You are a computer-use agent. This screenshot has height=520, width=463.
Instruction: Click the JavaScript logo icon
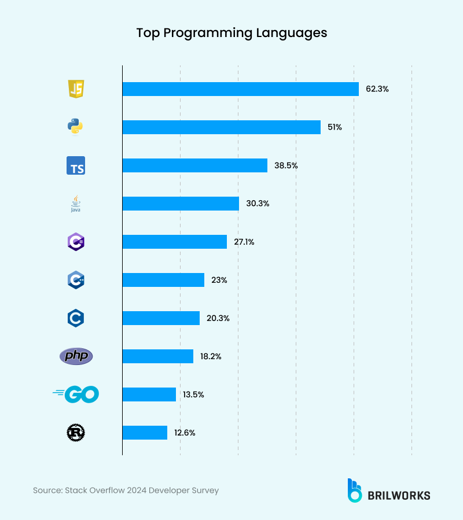[x=76, y=89]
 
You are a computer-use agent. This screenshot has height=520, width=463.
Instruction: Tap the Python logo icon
[x=76, y=127]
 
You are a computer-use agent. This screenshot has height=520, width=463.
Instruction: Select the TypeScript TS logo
[x=76, y=165]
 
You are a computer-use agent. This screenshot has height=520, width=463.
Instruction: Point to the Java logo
[x=76, y=204]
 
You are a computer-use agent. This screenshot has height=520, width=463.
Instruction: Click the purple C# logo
[x=76, y=242]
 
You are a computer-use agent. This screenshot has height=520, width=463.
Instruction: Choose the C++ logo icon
[x=76, y=280]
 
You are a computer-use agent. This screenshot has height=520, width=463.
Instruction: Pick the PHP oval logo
[x=76, y=356]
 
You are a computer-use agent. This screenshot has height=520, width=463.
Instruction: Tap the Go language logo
[x=76, y=394]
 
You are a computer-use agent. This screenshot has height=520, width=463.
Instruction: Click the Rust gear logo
[x=76, y=433]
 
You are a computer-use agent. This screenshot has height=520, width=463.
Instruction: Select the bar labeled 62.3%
[x=240, y=89]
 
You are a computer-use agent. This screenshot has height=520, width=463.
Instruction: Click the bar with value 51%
[x=221, y=127]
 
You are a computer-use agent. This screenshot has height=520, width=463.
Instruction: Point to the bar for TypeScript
[x=194, y=165]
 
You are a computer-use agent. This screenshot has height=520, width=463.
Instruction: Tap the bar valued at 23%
[x=163, y=280]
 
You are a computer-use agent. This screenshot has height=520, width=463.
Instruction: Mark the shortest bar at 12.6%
[x=145, y=433]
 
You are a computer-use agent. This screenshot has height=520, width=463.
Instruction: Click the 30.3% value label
[x=258, y=204]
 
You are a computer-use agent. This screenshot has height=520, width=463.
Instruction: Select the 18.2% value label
[x=211, y=356]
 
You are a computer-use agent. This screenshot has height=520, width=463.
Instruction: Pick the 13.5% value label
[x=194, y=394]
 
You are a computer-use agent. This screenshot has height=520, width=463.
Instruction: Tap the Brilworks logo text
[x=399, y=495]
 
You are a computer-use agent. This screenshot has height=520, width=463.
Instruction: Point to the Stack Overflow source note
[x=126, y=491]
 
